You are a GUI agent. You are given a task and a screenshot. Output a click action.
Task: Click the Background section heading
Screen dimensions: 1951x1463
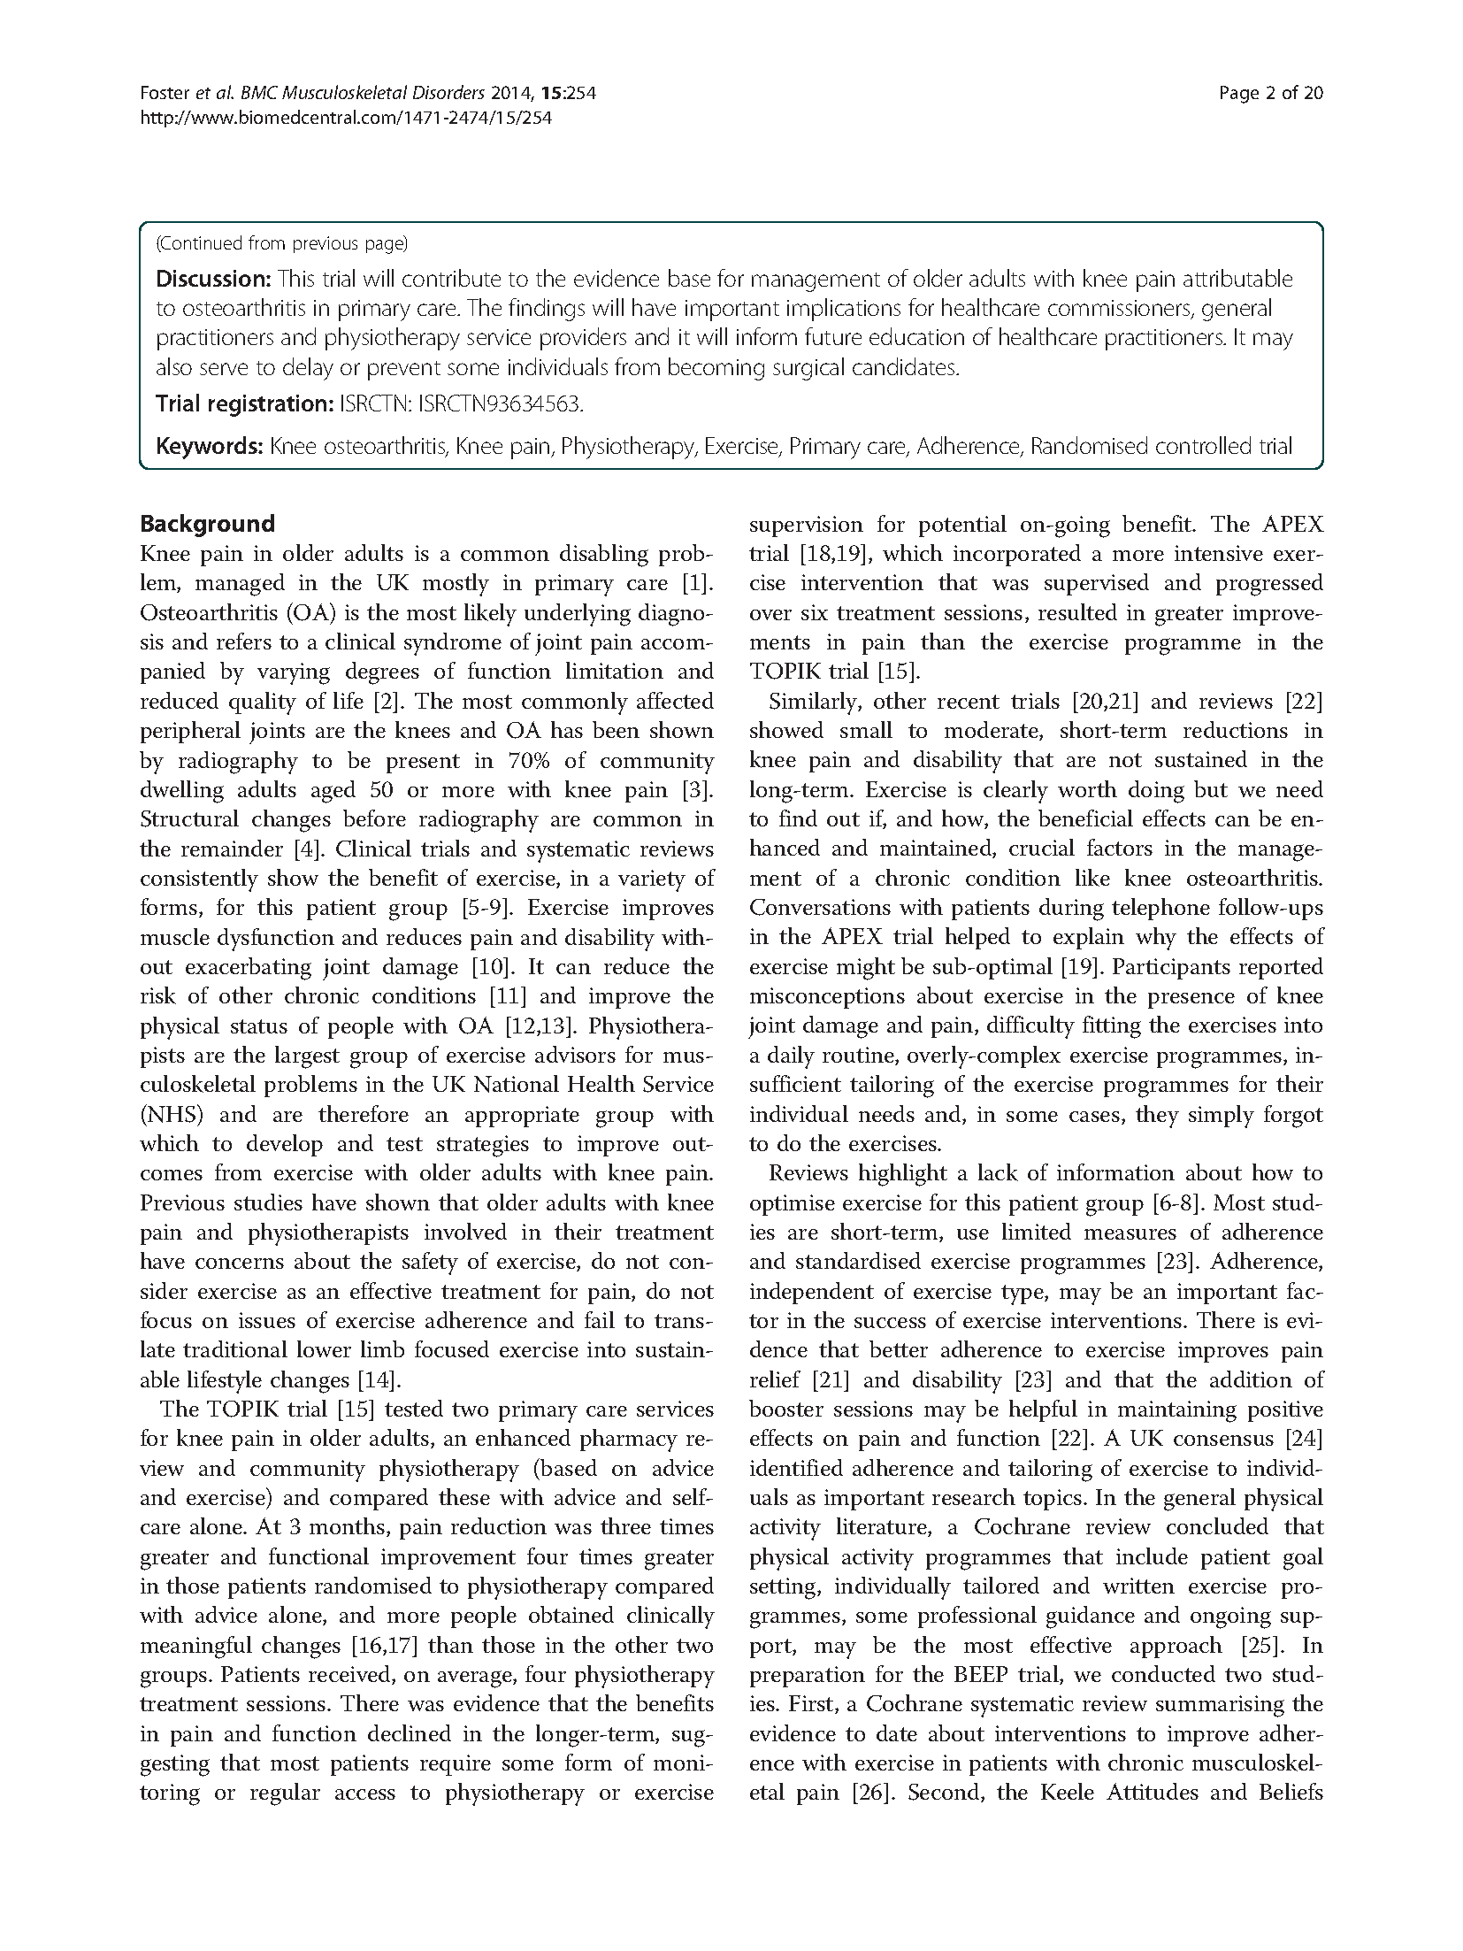pos(207,524)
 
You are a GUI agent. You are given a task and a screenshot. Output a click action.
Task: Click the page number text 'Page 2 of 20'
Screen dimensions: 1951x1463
pos(1270,93)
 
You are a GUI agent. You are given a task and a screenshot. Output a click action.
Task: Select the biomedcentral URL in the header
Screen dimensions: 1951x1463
pos(346,117)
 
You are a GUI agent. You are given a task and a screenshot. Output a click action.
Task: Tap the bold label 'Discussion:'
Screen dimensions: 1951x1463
pos(213,280)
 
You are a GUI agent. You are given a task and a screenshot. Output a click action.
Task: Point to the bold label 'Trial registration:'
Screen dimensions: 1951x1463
pos(244,404)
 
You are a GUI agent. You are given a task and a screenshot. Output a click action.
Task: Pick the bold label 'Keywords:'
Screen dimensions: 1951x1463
pos(210,446)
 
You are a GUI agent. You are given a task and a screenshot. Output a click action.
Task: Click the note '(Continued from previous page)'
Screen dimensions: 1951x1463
pos(281,243)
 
